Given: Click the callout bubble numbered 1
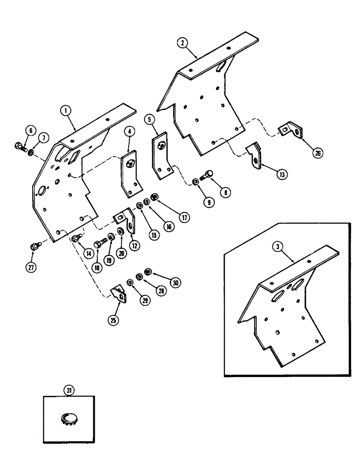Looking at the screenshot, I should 68,111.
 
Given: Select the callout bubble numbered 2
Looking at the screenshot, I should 183,42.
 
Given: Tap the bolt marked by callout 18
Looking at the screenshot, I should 100,243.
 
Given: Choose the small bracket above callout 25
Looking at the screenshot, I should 118,294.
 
